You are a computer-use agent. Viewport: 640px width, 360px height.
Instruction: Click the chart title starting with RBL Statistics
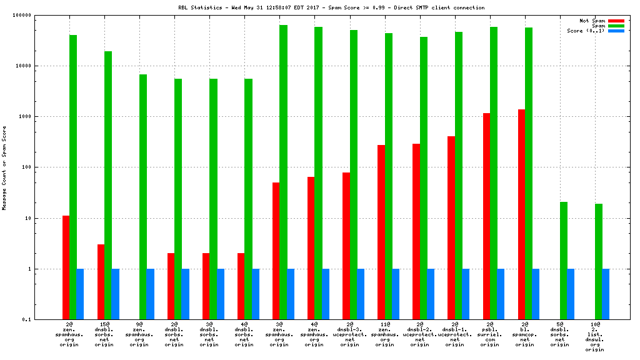tap(331, 7)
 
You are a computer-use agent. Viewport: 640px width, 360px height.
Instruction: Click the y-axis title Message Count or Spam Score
tap(4, 167)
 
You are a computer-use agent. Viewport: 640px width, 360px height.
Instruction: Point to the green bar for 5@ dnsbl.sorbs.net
tap(564, 261)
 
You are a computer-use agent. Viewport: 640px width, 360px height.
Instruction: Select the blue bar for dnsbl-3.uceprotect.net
tap(361, 294)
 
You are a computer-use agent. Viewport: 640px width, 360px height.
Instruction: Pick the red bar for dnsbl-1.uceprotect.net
tap(451, 227)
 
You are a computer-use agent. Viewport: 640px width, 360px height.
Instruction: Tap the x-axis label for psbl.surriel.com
tap(490, 334)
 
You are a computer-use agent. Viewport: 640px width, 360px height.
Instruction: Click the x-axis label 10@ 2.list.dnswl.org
tap(595, 337)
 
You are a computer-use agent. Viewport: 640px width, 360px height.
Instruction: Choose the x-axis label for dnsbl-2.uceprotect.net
tap(420, 334)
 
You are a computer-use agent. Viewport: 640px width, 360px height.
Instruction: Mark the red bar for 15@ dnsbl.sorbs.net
tap(101, 282)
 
